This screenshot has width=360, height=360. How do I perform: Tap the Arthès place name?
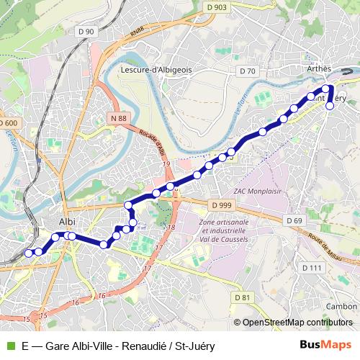pos(319,69)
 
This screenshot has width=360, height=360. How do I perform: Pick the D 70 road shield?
pos(248,71)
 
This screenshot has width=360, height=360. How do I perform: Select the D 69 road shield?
pos(294,220)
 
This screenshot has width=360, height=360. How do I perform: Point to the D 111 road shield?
pos(312,267)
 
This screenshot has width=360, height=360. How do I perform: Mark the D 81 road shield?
pos(243,297)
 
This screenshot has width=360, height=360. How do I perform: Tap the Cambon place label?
pos(341,306)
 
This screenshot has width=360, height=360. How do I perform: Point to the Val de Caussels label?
pos(221,239)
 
